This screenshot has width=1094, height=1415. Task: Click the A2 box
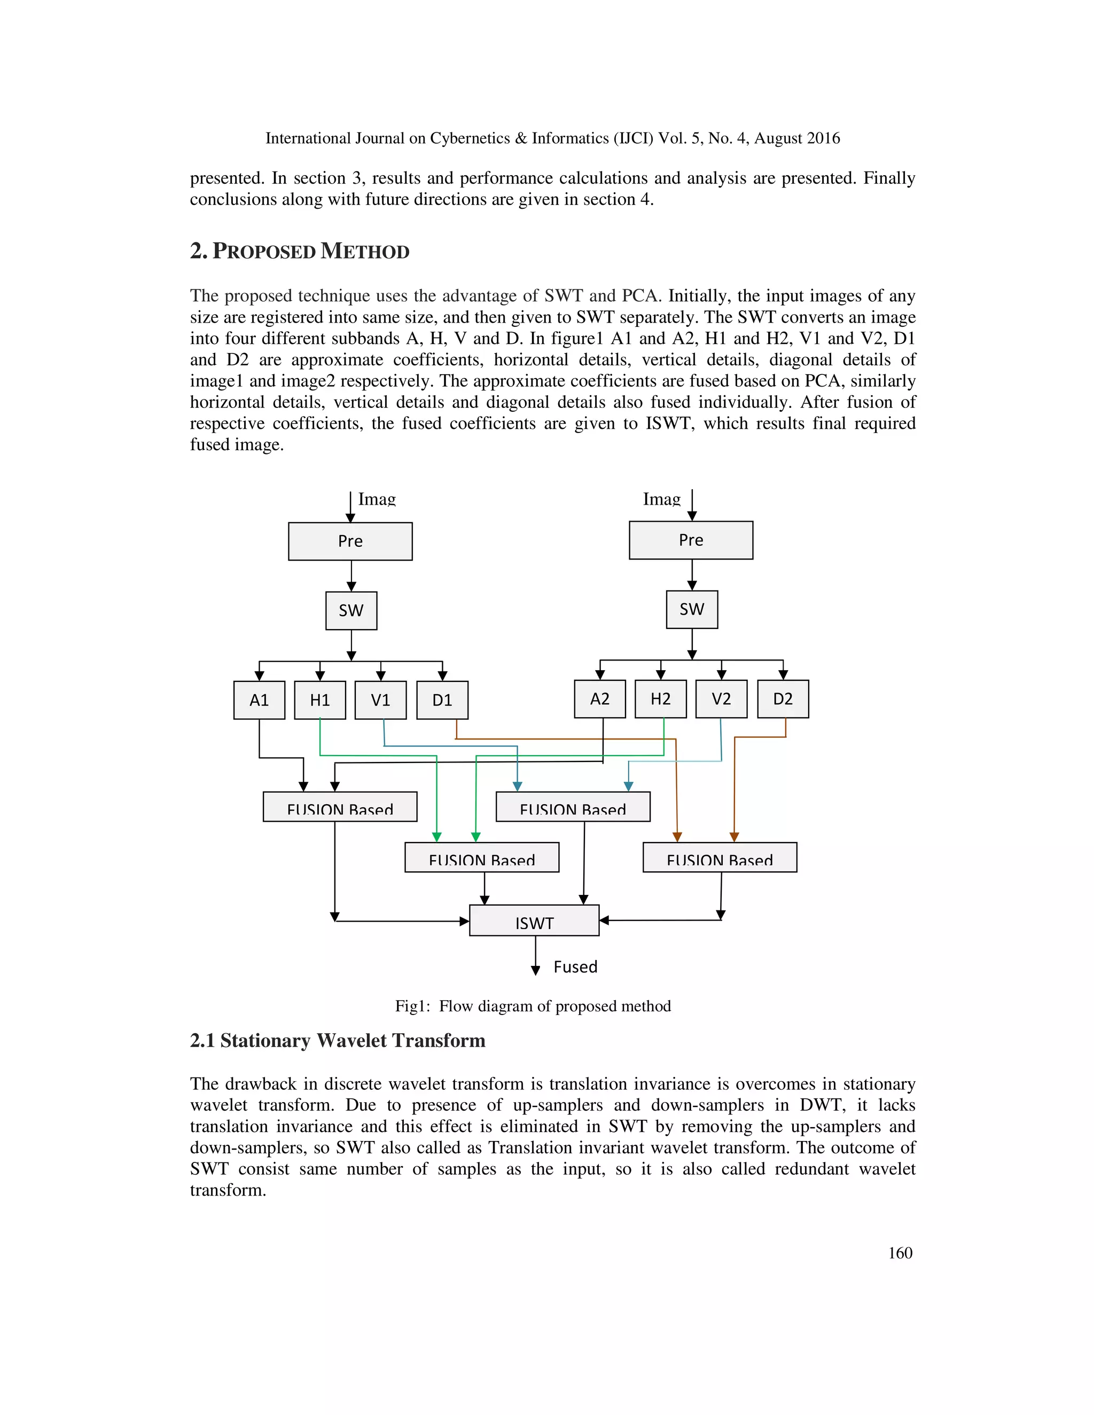599,698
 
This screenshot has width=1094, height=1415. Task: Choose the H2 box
660,698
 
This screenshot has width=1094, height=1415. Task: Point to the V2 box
721,698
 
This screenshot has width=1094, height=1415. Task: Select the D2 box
783,698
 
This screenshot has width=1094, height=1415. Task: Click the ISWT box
534,921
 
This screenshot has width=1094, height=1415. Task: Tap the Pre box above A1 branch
350,541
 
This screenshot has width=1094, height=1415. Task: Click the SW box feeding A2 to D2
692,609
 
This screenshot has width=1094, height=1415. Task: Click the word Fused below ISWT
575,966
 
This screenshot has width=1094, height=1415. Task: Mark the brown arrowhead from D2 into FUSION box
734,837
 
